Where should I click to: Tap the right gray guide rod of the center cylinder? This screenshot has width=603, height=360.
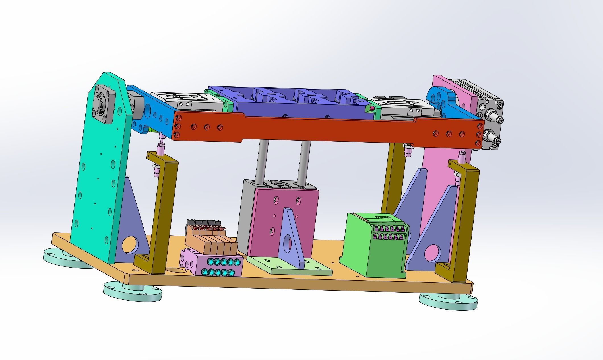(304, 162)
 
